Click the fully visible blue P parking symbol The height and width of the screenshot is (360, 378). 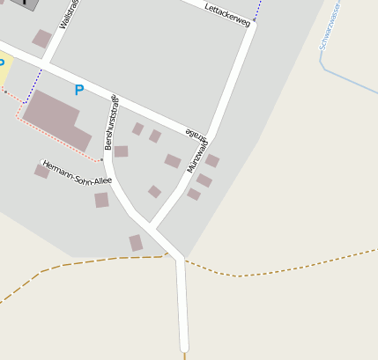79,90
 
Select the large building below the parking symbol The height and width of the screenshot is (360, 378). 56,120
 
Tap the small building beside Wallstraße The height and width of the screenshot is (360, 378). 41,38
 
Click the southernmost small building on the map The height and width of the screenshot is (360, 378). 136,242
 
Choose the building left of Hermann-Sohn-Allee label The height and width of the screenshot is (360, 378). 41,171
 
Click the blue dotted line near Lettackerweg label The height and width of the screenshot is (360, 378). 257,10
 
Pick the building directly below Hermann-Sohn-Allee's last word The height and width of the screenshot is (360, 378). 101,200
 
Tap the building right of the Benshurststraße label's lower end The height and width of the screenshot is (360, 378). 122,151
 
